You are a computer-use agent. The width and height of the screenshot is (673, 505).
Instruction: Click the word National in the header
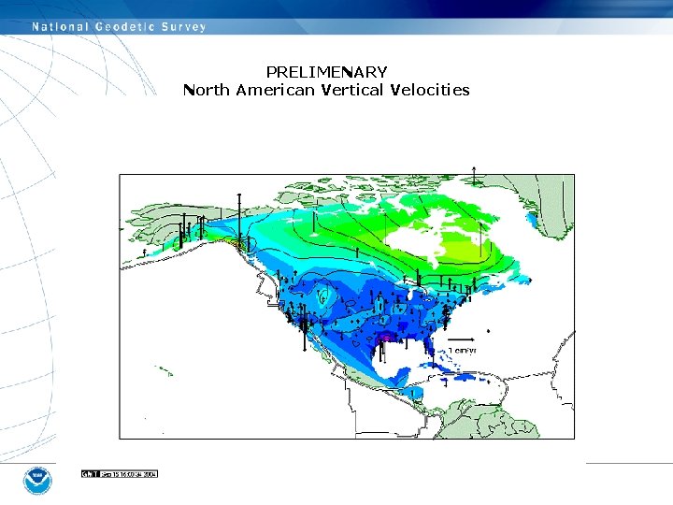click(58, 27)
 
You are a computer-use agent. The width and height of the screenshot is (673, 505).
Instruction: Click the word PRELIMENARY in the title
click(326, 72)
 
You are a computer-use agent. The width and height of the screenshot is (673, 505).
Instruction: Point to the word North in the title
click(207, 91)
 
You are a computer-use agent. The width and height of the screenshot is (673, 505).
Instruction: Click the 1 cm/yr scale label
click(463, 350)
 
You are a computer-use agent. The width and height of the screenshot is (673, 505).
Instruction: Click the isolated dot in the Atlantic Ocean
click(488, 331)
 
